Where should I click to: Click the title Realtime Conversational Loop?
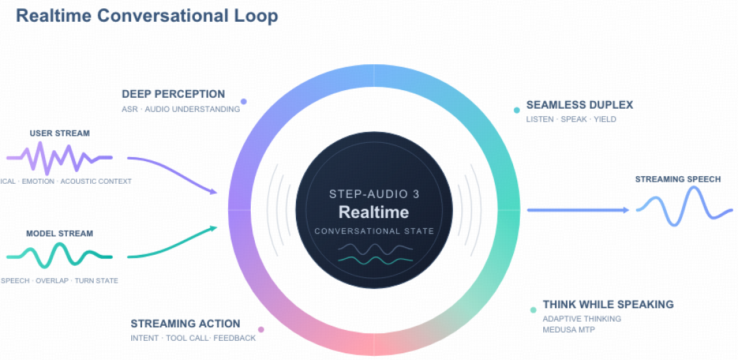tap(147, 16)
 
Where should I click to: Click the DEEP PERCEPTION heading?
tap(173, 94)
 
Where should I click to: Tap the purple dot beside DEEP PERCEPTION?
tap(244, 101)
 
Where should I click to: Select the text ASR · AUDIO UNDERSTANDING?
tap(180, 110)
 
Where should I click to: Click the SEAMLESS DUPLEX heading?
tap(580, 105)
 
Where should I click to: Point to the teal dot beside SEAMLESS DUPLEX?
tap(517, 110)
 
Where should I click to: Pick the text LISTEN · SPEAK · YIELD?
tap(571, 120)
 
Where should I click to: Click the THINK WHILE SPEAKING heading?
tap(608, 304)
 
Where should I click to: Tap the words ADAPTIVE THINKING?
tap(582, 318)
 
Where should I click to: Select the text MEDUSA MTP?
tap(569, 329)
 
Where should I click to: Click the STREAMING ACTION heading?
tap(185, 324)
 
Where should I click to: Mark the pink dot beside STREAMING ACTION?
tap(261, 329)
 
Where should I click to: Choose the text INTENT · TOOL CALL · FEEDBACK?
tap(193, 338)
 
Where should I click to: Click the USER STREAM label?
tap(59, 133)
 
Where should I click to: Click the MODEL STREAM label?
tap(59, 234)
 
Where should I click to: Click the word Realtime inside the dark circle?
tap(374, 212)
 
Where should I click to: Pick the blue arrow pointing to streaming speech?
tap(578, 210)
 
